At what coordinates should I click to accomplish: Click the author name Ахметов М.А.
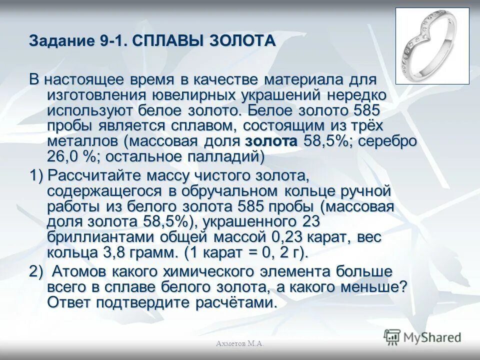point(239,343)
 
